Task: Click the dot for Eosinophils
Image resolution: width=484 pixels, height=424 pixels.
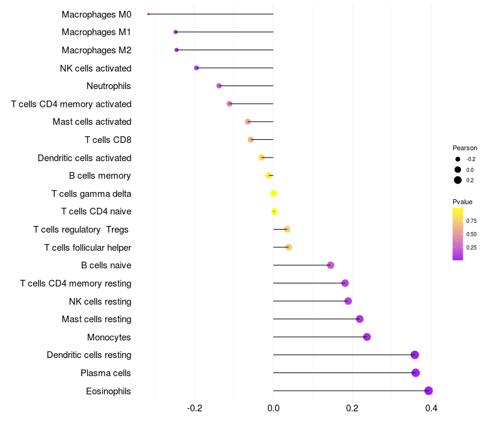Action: pyautogui.click(x=428, y=391)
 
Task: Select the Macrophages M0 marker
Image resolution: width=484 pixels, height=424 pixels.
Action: pyautogui.click(x=148, y=14)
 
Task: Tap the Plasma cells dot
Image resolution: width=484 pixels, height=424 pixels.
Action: pyautogui.click(x=416, y=373)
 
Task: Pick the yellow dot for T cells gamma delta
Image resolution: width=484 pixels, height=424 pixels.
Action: pyautogui.click(x=273, y=193)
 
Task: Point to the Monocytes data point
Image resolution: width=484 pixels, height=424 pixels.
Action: pyautogui.click(x=367, y=337)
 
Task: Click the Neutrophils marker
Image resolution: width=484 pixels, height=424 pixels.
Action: pyautogui.click(x=219, y=85)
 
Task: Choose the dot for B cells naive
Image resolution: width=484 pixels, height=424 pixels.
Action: pyautogui.click(x=330, y=265)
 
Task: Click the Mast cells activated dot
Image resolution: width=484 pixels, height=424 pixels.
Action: pyautogui.click(x=247, y=122)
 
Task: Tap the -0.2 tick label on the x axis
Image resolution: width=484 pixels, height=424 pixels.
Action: pyautogui.click(x=194, y=408)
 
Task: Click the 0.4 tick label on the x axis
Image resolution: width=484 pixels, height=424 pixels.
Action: pyautogui.click(x=431, y=408)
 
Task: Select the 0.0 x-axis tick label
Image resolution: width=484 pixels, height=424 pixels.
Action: pyautogui.click(x=273, y=408)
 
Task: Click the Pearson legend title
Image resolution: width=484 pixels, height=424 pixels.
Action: pyautogui.click(x=465, y=148)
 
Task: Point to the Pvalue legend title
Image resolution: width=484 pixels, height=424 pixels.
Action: pyautogui.click(x=462, y=202)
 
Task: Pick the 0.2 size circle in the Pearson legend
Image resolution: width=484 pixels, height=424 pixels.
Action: pyautogui.click(x=457, y=180)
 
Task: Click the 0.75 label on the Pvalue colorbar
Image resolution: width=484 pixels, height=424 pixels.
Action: pyautogui.click(x=471, y=220)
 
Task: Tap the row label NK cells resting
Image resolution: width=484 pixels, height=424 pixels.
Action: pyautogui.click(x=100, y=301)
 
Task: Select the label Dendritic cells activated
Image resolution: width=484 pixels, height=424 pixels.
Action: pyautogui.click(x=85, y=158)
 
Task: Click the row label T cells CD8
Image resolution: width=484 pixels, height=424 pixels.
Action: pyautogui.click(x=108, y=140)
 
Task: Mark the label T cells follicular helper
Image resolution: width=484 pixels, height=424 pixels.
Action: pyautogui.click(x=88, y=248)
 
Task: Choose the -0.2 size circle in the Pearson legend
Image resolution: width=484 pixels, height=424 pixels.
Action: pyautogui.click(x=457, y=159)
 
